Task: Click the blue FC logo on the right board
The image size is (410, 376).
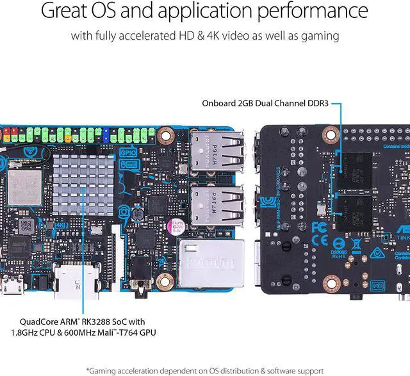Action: (x=318, y=227)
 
